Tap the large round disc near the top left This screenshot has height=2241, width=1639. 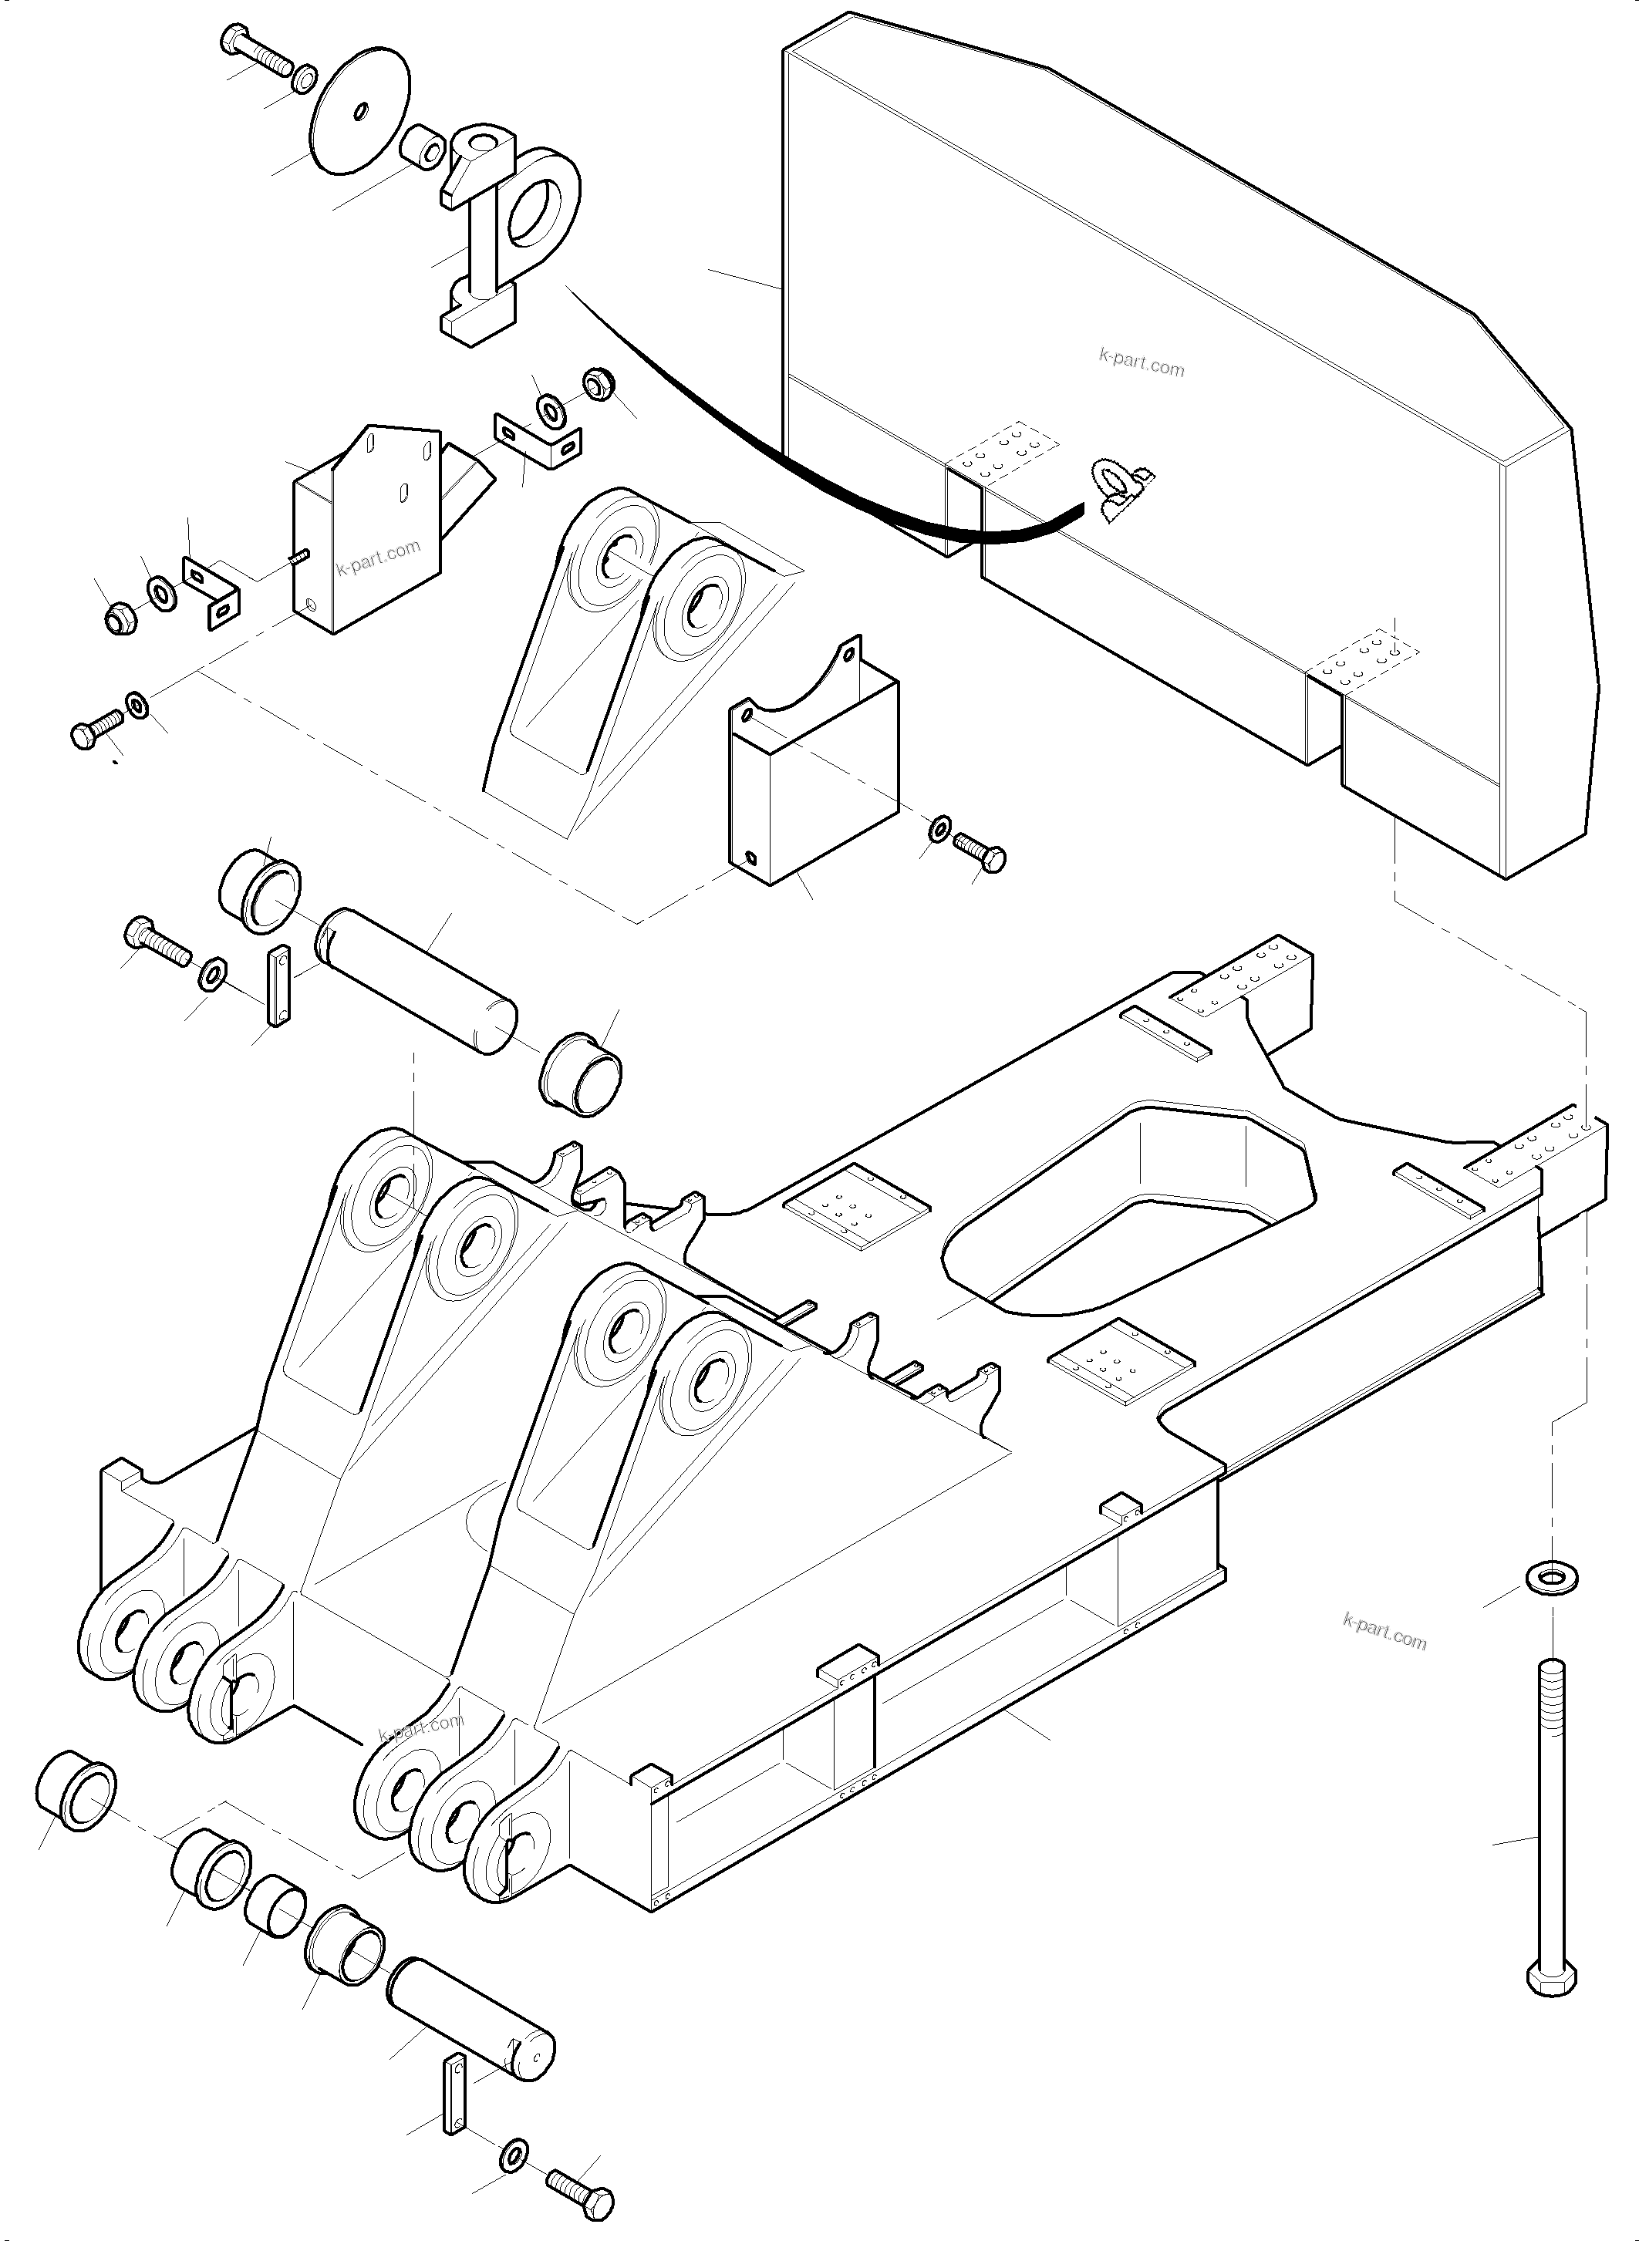(359, 112)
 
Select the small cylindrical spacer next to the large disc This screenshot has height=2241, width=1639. (422, 147)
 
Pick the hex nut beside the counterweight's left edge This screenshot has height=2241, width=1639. (596, 384)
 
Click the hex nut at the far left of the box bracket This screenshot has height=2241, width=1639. (120, 617)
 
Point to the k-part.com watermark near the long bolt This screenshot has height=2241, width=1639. (1384, 1632)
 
